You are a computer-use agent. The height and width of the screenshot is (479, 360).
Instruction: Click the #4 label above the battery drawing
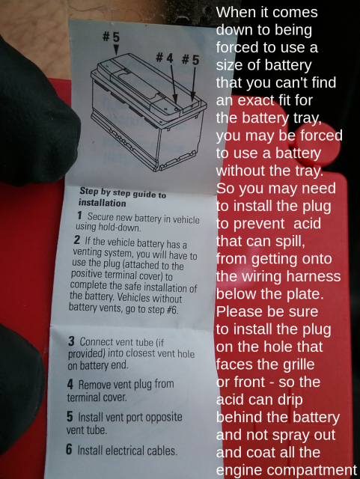[165, 58]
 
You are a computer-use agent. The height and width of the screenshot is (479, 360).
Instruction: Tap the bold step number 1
[79, 216]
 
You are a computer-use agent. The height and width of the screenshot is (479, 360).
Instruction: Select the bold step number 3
[71, 341]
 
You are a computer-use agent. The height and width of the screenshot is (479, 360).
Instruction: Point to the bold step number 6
[70, 449]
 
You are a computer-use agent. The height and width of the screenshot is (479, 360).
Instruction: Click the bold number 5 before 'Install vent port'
[70, 416]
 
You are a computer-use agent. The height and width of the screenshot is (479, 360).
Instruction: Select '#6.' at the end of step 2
[172, 310]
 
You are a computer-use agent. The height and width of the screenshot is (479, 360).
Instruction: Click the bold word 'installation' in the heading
[102, 203]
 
